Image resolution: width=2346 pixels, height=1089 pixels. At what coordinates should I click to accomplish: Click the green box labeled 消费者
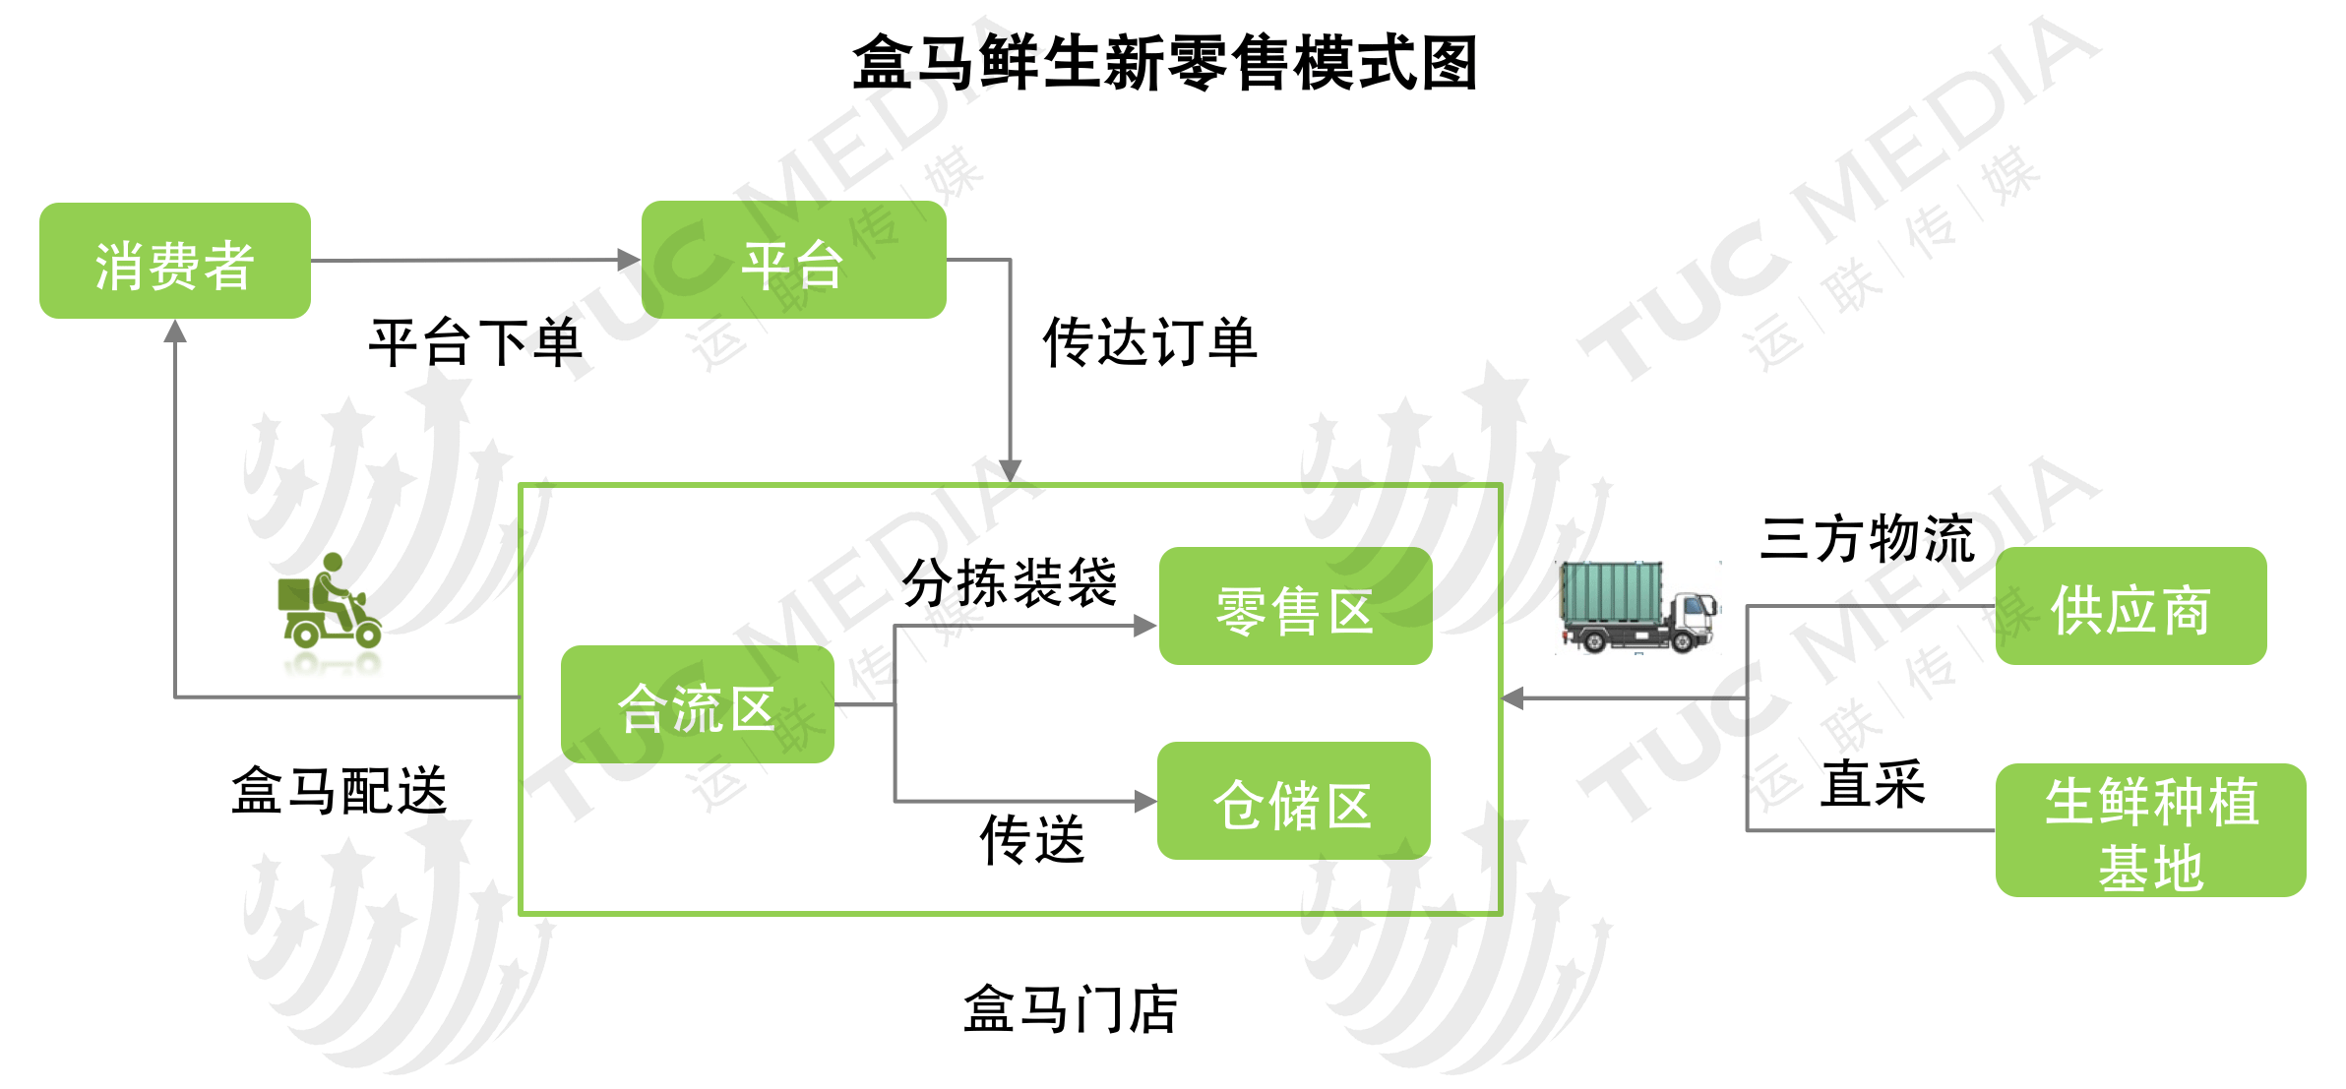tap(174, 262)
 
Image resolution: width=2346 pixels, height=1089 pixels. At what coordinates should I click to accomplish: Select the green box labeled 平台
tap(793, 261)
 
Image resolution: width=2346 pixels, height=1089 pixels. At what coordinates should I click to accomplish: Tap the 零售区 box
tap(1295, 607)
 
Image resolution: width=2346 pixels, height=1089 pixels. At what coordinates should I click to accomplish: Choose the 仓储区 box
tap(1293, 802)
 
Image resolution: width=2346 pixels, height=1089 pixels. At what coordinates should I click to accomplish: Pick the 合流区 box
tap(697, 704)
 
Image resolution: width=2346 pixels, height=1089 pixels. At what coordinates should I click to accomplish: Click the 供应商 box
tap(2130, 607)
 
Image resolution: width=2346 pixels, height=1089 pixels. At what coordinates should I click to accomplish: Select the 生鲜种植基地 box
tap(2150, 831)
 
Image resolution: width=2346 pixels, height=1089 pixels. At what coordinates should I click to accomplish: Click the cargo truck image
tap(1638, 607)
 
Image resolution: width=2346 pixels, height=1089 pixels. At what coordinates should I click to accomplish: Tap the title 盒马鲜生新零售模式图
tap(1165, 63)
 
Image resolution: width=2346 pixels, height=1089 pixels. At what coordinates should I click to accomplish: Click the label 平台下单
tap(475, 343)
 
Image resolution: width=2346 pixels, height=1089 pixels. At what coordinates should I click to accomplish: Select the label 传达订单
tap(1149, 342)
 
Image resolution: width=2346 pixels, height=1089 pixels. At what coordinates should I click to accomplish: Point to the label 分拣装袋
tap(1010, 581)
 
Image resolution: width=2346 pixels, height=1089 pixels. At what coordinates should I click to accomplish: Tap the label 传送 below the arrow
tap(1031, 839)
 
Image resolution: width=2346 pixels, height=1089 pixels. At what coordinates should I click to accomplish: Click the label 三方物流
tap(1867, 538)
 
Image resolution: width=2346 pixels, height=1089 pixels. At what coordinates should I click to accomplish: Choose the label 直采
tap(1872, 784)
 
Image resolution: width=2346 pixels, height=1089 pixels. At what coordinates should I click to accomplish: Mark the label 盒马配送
tap(340, 791)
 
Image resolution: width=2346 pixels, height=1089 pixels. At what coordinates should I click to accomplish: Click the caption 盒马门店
tap(1071, 1009)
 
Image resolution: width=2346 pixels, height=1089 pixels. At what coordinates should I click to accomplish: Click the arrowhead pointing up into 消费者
tap(175, 332)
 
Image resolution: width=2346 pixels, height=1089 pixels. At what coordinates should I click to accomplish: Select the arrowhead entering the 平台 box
tap(629, 260)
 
